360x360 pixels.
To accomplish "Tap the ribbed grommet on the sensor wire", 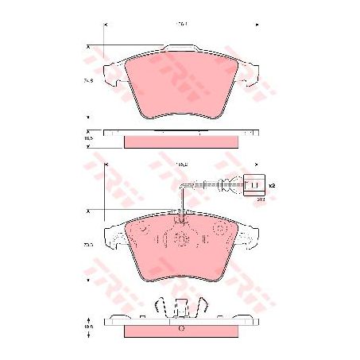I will click(x=226, y=187).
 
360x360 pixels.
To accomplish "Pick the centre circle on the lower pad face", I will click(x=180, y=239).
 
